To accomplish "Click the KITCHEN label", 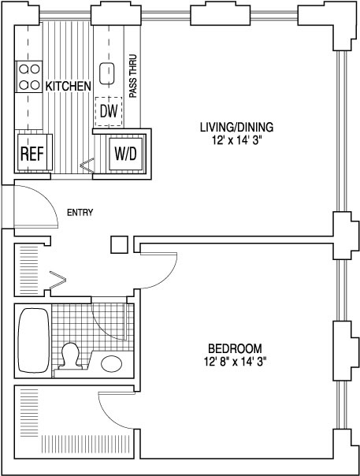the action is click(x=68, y=86).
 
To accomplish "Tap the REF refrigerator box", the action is click(x=32, y=152).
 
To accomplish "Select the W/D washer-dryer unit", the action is click(x=125, y=154).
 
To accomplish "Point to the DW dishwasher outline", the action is click(x=109, y=112).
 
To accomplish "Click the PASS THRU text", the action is click(x=132, y=76).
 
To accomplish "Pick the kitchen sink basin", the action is click(x=106, y=73).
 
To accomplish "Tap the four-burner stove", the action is click(x=29, y=76).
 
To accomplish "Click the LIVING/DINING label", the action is click(x=237, y=127).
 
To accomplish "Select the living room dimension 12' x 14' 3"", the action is click(x=237, y=141).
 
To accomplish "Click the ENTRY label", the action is click(x=80, y=213).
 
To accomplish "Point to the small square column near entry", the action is click(x=119, y=244).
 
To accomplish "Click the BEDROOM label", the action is click(x=235, y=348).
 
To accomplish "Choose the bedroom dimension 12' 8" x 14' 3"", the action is click(x=236, y=363).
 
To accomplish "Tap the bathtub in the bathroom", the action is click(x=34, y=340).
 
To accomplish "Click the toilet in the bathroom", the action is click(x=70, y=356).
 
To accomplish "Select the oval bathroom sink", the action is click(x=111, y=363).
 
